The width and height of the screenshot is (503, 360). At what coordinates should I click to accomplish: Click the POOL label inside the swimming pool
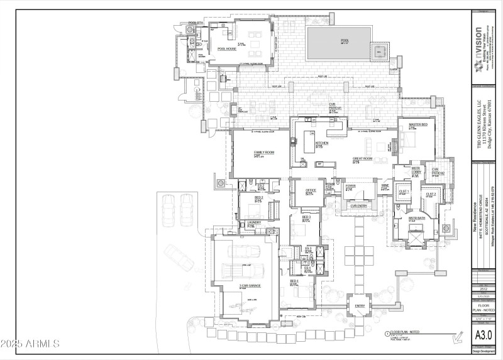(344, 41)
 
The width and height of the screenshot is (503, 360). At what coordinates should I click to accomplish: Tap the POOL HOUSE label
(226, 48)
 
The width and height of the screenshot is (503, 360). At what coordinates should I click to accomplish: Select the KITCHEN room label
(322, 143)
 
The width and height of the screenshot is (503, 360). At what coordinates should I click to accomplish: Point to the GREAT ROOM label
(363, 158)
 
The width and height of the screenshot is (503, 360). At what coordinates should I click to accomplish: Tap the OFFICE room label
(310, 190)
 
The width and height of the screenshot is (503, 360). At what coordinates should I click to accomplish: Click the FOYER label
(351, 187)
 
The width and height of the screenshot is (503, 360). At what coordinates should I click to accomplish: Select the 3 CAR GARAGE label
(250, 286)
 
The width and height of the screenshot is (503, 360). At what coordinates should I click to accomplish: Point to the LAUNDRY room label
(254, 222)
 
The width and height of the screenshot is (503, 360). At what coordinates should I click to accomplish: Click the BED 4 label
(294, 281)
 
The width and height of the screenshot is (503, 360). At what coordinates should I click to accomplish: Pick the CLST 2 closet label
(431, 194)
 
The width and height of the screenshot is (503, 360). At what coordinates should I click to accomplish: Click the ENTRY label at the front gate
(360, 306)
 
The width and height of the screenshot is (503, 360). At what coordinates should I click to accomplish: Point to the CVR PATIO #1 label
(335, 107)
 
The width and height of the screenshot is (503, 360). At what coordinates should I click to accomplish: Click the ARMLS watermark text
(30, 344)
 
